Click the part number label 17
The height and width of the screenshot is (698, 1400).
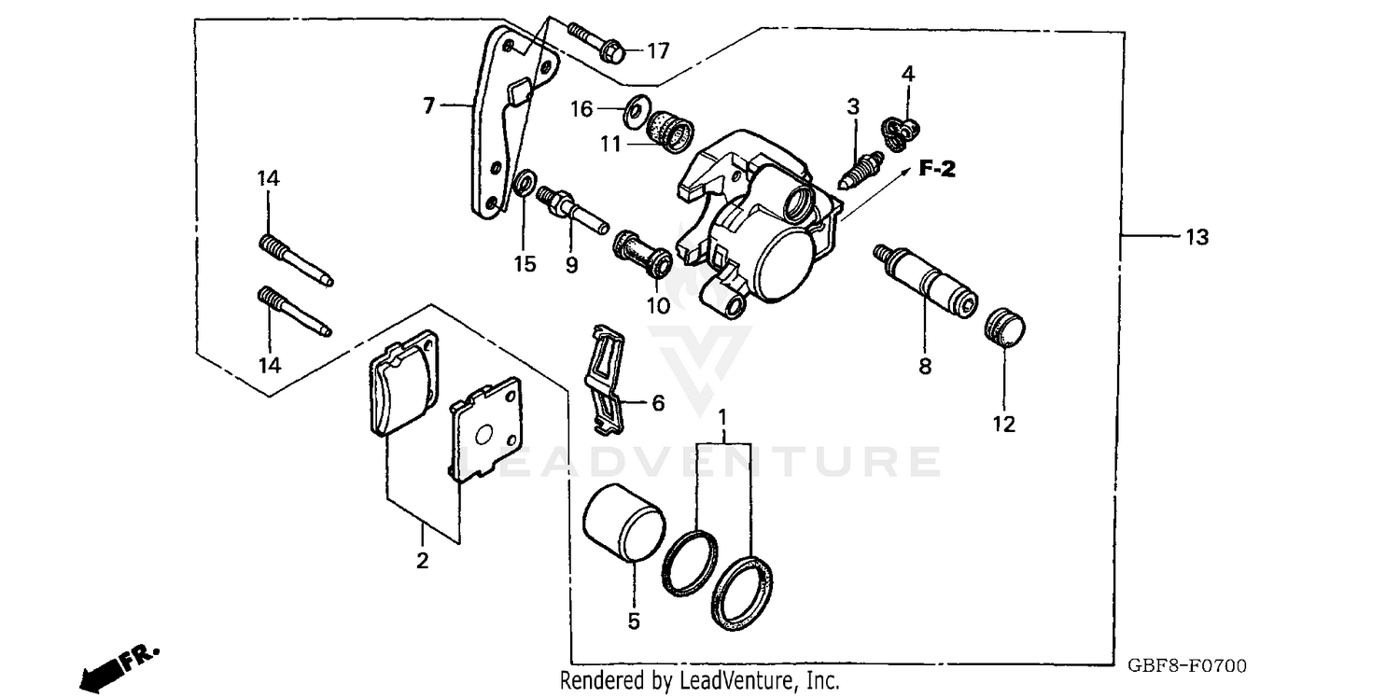658,51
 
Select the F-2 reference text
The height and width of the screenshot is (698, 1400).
936,169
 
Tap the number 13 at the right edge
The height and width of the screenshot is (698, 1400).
1196,238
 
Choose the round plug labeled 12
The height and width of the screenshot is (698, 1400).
1006,328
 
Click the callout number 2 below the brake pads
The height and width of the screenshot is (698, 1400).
423,561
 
